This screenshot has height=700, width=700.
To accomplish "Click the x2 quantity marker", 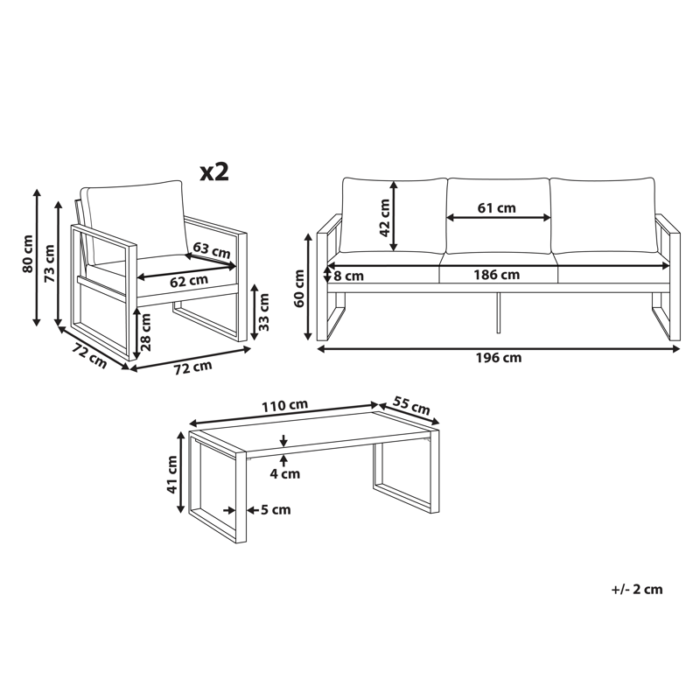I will (214, 171).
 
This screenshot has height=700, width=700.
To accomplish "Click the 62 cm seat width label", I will (189, 281).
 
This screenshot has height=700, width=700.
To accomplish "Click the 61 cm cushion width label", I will (497, 207).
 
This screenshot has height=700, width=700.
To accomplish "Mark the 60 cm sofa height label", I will (299, 288).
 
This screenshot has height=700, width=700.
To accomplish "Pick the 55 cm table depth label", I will (409, 406).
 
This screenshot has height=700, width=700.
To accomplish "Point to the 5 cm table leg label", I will (274, 509).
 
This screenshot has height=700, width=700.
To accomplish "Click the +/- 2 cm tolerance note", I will (636, 589).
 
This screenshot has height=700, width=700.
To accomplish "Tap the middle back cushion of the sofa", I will (499, 214).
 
